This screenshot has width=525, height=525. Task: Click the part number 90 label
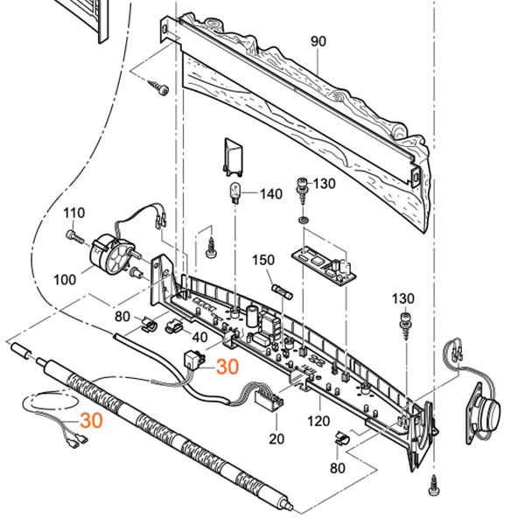click(317, 41)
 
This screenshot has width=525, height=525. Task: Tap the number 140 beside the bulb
click(271, 193)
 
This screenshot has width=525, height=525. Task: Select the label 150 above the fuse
click(263, 261)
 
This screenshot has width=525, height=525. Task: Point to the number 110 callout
click(73, 213)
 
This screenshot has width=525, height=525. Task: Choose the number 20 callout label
click(277, 437)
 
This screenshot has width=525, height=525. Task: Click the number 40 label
click(200, 337)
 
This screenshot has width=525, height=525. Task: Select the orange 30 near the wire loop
click(91, 420)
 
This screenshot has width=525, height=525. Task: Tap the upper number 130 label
click(324, 183)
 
